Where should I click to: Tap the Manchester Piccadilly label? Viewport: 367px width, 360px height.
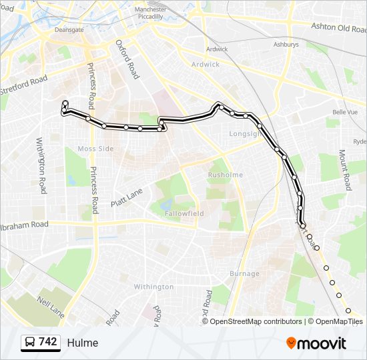tap(150, 13)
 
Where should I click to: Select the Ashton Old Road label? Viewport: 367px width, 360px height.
tap(338, 27)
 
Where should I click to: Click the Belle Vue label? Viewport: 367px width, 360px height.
tap(345, 113)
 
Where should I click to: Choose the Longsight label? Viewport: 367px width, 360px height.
tap(244, 133)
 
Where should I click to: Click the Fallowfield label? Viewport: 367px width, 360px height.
tap(186, 213)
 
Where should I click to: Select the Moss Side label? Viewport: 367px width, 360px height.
tap(95, 149)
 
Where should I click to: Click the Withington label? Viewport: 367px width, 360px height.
tap(153, 287)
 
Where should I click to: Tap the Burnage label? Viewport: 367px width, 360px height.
tap(244, 273)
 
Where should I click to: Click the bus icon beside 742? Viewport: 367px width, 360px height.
tap(30, 343)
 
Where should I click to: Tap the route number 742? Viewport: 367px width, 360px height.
tap(48, 342)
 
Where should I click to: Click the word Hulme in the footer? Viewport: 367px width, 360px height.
tap(82, 343)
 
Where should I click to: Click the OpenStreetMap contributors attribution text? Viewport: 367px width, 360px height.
tap(256, 321)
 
